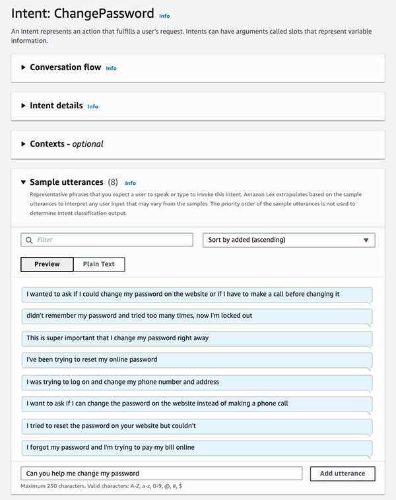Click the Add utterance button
click(x=343, y=474)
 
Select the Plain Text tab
click(x=98, y=264)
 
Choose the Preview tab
click(x=47, y=264)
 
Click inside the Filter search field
click(x=112, y=240)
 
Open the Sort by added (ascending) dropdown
click(x=288, y=240)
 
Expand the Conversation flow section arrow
click(x=24, y=67)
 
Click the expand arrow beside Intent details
click(x=24, y=106)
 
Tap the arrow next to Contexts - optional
click(x=24, y=144)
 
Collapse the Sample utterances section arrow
click(x=24, y=182)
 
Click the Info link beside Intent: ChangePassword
click(x=164, y=15)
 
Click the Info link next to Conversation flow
click(x=112, y=68)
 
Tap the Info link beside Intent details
click(x=93, y=106)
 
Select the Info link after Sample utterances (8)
click(x=131, y=183)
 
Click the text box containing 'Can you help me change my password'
click(x=161, y=474)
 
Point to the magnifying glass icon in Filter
click(x=29, y=240)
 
